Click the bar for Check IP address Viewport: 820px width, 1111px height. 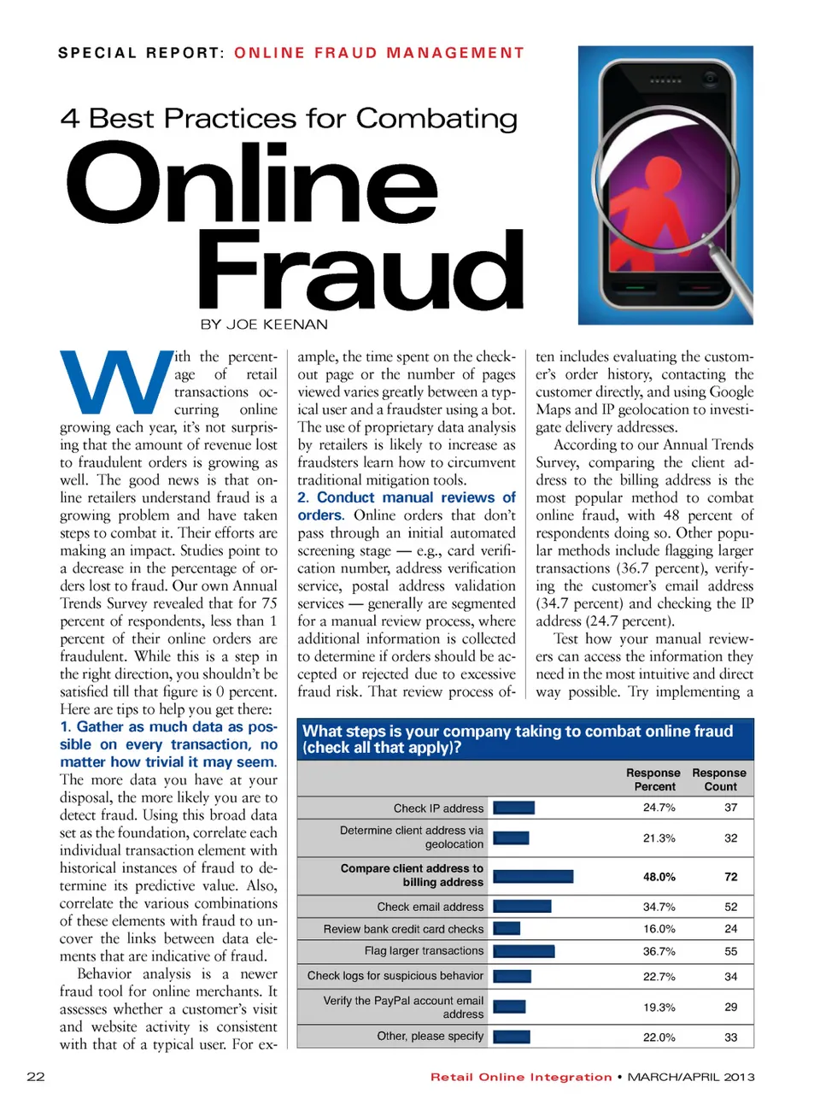pos(514,808)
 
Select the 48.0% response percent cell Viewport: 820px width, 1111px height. pos(659,877)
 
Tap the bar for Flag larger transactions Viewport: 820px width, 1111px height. pos(524,951)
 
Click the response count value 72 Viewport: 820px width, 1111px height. pos(730,877)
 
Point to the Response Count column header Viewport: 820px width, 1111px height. pos(719,779)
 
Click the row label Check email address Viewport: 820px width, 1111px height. pos(430,907)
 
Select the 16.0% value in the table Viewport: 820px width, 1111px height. pos(659,929)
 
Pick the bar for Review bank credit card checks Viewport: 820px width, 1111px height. pos(507,929)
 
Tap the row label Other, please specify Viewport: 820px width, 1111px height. pos(430,1037)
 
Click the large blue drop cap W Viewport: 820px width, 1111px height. pos(114,383)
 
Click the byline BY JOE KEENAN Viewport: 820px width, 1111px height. pos(264,325)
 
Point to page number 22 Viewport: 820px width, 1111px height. pos(36,1077)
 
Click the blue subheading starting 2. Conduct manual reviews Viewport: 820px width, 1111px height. pos(407,506)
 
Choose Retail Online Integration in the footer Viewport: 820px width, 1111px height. pos(521,1077)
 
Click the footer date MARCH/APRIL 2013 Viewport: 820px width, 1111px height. pos(691,1077)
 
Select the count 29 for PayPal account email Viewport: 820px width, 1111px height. pos(730,1007)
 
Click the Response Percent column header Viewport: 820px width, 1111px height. pos(653,779)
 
